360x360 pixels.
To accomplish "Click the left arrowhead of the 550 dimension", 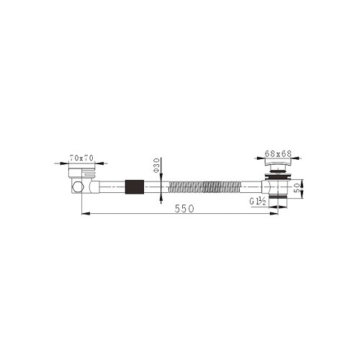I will [82, 214].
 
